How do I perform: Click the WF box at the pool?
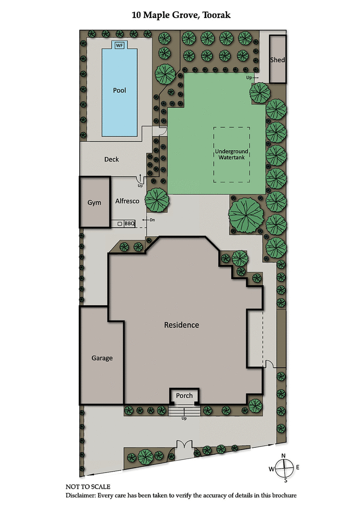click(x=119, y=46)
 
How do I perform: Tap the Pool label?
click(x=119, y=90)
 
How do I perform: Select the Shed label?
click(x=278, y=60)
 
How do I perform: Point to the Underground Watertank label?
click(x=231, y=154)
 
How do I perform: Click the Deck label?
click(x=112, y=159)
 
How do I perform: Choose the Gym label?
click(x=94, y=202)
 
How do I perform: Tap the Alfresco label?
click(x=127, y=201)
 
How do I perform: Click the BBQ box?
click(x=130, y=223)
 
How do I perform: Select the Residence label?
click(x=181, y=325)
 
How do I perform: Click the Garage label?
click(x=102, y=358)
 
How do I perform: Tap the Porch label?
click(x=184, y=396)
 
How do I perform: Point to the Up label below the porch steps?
click(x=184, y=418)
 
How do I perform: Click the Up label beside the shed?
click(x=249, y=77)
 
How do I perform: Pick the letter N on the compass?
click(x=283, y=455)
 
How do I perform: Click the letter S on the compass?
click(x=285, y=480)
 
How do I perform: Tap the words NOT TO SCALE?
click(x=88, y=487)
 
